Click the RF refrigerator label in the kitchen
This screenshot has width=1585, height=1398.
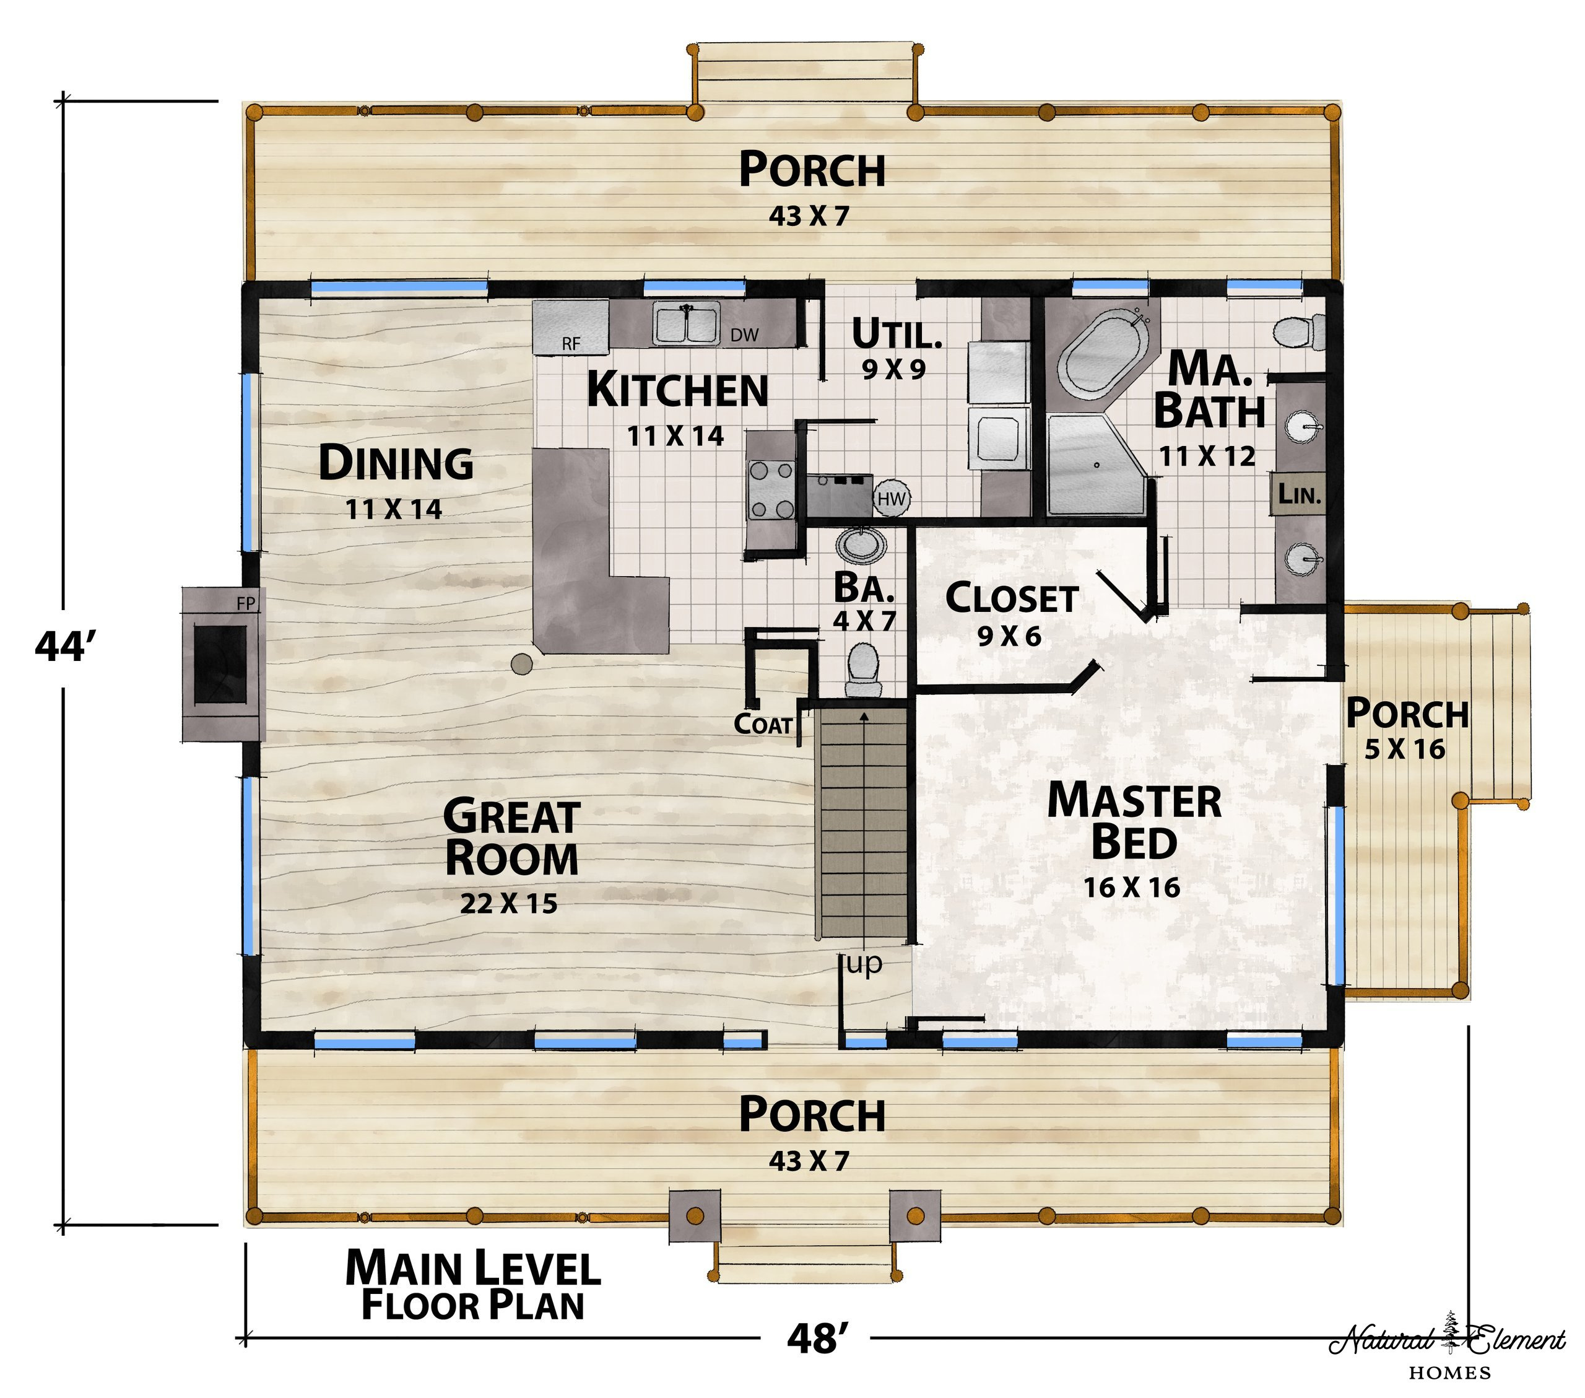point(571,344)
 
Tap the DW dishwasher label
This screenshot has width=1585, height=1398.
point(744,335)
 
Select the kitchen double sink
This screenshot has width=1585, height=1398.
point(686,323)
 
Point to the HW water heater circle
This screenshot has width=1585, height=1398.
point(892,499)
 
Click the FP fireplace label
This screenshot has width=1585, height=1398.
point(246,603)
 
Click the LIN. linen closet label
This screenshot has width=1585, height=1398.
point(1300,494)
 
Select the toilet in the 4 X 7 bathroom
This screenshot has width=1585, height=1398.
point(864,671)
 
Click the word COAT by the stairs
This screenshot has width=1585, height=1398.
point(763,724)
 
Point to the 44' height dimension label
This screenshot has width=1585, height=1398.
point(64,646)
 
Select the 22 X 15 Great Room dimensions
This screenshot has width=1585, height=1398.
point(509,904)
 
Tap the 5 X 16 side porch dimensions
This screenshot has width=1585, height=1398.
point(1405,749)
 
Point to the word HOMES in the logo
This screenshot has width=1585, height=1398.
point(1450,1373)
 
